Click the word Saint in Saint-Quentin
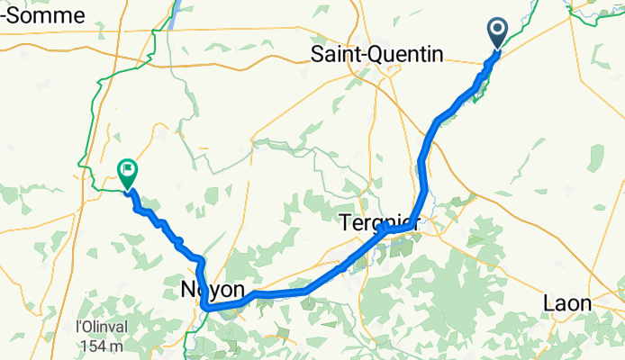(334, 55)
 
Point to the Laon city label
(566, 303)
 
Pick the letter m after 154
(113, 346)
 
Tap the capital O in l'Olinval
(87, 326)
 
